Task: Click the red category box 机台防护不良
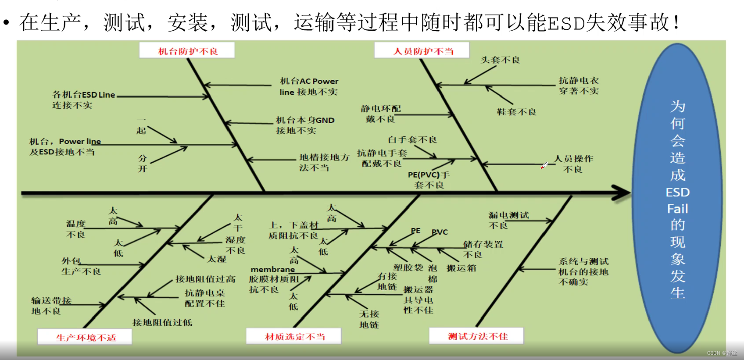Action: tap(187, 51)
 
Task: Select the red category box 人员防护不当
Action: tap(422, 51)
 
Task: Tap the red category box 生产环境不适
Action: tap(86, 337)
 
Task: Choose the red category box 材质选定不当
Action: tap(294, 336)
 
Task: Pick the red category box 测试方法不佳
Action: tap(477, 336)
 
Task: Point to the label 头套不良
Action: tap(500, 60)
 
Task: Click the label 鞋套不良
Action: tap(516, 112)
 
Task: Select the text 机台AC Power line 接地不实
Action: tap(309, 86)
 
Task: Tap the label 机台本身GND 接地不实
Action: tap(305, 125)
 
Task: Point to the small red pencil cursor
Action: tap(544, 165)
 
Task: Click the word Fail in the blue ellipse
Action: tap(677, 209)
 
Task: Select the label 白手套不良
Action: tap(412, 140)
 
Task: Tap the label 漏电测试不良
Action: tap(508, 220)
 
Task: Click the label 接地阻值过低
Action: tap(162, 323)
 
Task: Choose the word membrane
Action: tap(272, 269)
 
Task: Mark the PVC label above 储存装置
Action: tap(440, 232)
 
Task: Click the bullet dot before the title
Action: tap(6, 22)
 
